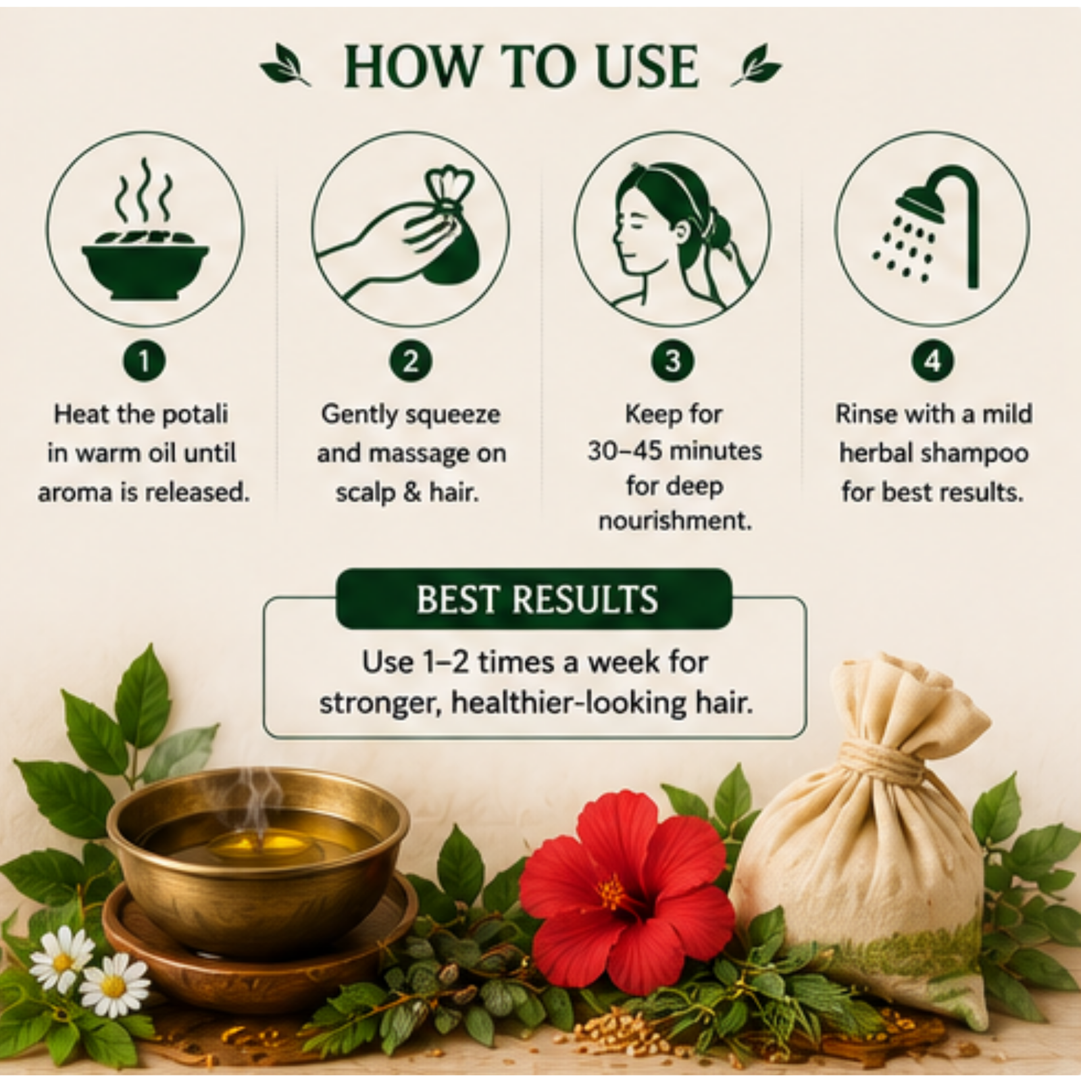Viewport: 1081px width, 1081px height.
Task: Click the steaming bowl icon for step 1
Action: tap(145, 230)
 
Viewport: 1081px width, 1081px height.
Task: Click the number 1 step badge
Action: tap(144, 361)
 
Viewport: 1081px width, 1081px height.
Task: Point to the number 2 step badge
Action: tap(410, 361)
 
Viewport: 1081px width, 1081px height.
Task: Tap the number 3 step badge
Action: tap(672, 361)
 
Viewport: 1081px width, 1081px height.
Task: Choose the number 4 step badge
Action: tap(932, 361)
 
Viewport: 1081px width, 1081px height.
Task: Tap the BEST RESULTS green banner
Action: tap(534, 599)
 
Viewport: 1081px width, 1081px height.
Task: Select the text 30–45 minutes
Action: tap(674, 451)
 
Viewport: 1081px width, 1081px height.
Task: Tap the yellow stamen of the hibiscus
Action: tap(612, 893)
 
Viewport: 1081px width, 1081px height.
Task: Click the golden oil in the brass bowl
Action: tap(260, 841)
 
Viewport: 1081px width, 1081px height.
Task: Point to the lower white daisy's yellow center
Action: tap(114, 986)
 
